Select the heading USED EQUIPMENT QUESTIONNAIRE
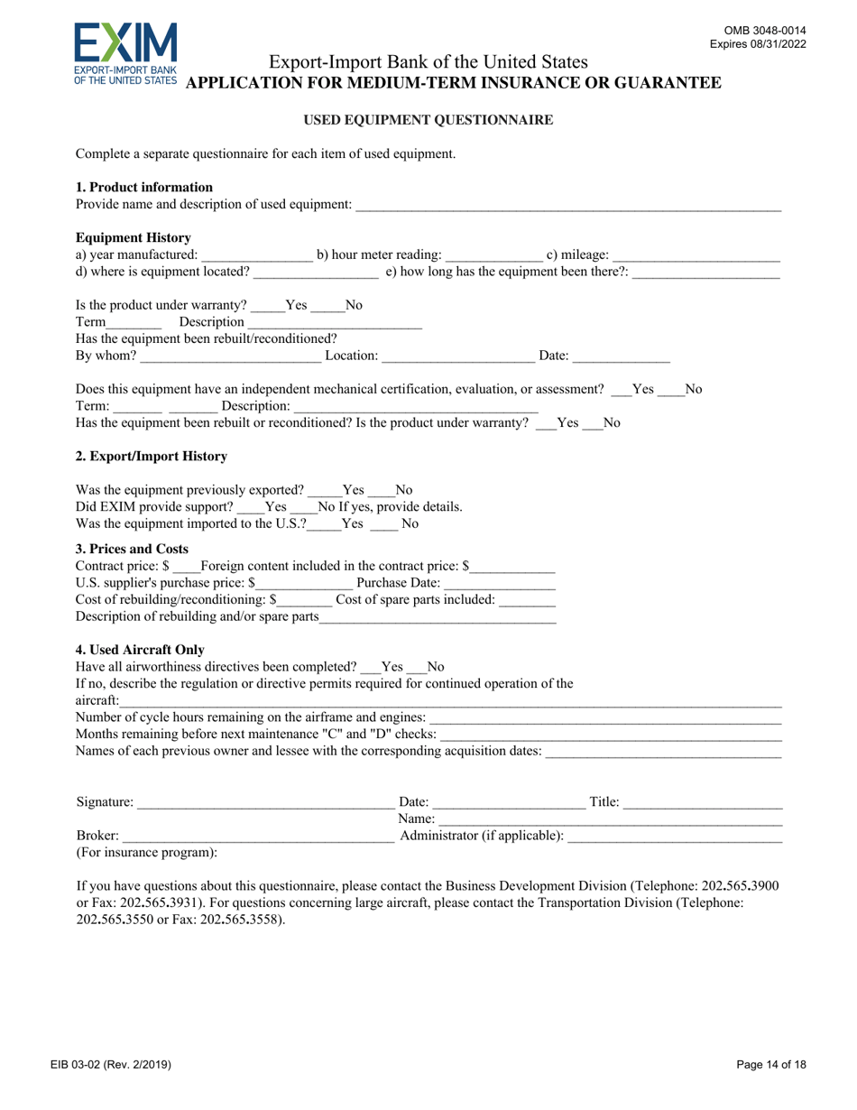click(x=428, y=119)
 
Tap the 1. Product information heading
click(x=144, y=188)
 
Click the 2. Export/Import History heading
click(x=152, y=457)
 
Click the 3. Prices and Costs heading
click(x=132, y=549)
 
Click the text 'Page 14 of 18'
click(x=771, y=1066)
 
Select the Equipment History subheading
click(x=134, y=238)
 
